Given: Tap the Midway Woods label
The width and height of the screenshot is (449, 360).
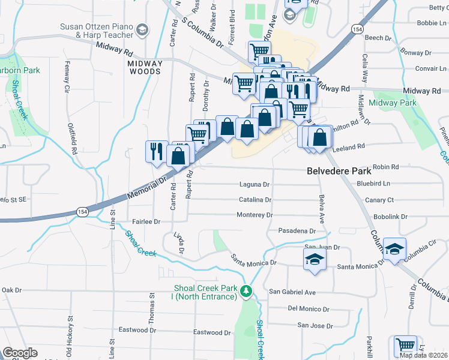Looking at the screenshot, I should pos(145,67).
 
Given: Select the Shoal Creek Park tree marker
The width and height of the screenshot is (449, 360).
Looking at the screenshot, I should pos(246,291).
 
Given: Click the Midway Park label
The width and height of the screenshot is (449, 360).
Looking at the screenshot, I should pos(393,103).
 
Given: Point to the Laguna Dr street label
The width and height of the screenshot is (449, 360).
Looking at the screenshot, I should pos(255,185).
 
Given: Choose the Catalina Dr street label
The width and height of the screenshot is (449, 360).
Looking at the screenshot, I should pos(255,200).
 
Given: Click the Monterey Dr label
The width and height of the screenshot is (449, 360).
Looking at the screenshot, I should pos(255,215).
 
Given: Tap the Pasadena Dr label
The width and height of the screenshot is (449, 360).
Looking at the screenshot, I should pos(297,231).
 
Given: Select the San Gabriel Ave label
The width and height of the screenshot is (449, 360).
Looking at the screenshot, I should pos(292,292).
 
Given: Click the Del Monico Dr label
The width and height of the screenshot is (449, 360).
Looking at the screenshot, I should pos(309,309).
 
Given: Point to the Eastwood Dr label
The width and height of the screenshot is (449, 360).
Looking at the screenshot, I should pos(212,332).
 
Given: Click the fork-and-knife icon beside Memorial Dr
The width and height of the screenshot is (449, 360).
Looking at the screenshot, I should pos(157,150).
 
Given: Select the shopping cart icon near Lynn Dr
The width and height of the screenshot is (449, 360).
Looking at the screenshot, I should pos(405,346).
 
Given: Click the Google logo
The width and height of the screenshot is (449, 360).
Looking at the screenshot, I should pos(20,353).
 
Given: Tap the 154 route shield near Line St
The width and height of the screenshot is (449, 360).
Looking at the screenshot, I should pos(82,211).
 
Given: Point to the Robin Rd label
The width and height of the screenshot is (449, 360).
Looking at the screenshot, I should pos(385,167).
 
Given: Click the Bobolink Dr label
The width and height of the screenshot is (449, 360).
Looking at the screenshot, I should pos(391,216).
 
